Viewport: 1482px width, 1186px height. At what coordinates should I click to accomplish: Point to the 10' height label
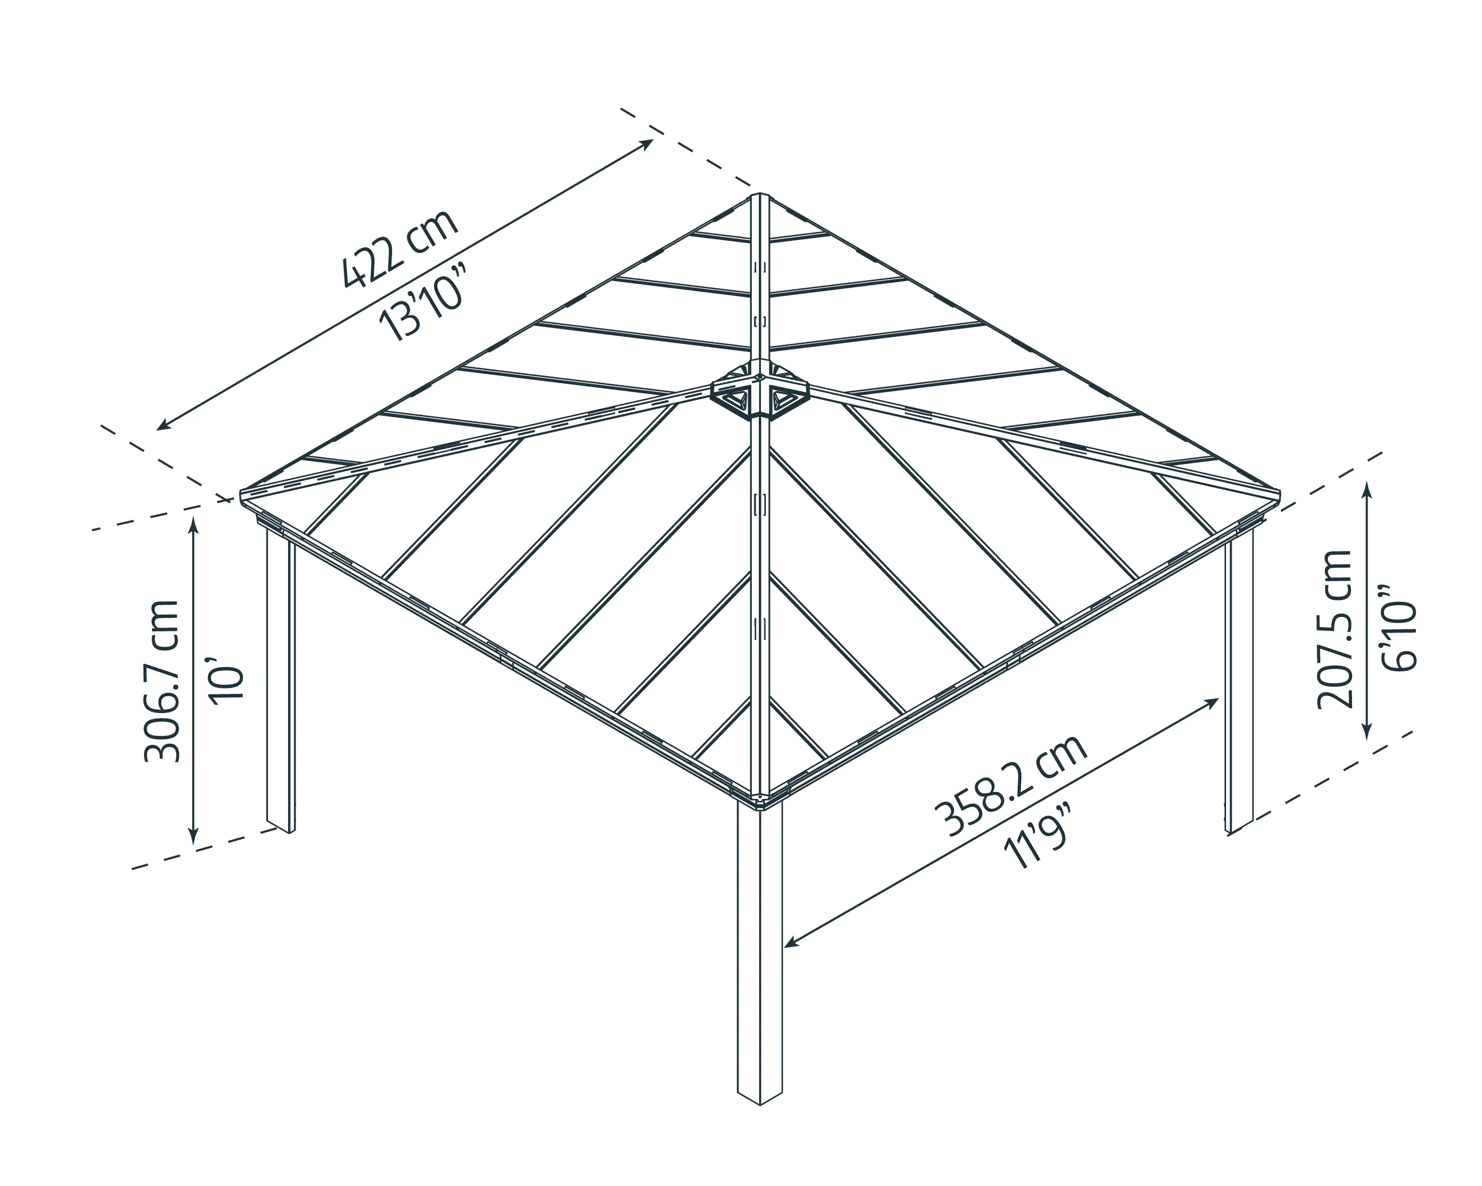229,679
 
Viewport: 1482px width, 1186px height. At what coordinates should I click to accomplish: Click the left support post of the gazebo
281,681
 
